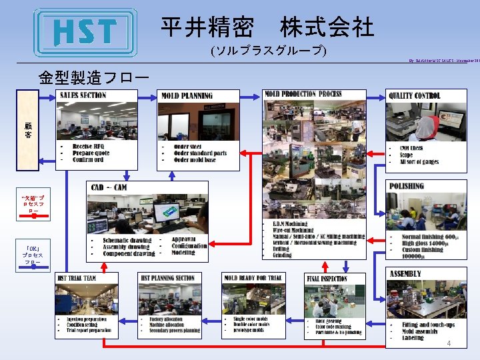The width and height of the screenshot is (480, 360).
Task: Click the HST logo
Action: (85, 32)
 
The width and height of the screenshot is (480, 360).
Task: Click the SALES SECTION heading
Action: (83, 95)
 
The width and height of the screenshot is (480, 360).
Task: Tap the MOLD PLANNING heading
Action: (187, 95)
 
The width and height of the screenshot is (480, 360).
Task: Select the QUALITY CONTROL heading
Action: (415, 95)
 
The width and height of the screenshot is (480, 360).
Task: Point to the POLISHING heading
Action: (407, 187)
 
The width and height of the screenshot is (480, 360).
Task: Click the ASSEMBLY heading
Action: (405, 273)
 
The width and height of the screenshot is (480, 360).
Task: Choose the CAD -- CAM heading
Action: (109, 187)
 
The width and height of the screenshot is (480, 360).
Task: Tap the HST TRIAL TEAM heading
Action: (77, 278)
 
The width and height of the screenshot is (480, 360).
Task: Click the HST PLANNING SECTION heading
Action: (167, 278)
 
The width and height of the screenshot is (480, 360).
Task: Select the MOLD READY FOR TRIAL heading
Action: (254, 278)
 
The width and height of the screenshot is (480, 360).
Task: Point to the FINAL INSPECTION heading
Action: (327, 279)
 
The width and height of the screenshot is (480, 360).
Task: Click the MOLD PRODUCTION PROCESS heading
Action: (303, 94)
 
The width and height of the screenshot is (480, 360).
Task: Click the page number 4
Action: (449, 343)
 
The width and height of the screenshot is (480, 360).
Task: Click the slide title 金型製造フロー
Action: (93, 77)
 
